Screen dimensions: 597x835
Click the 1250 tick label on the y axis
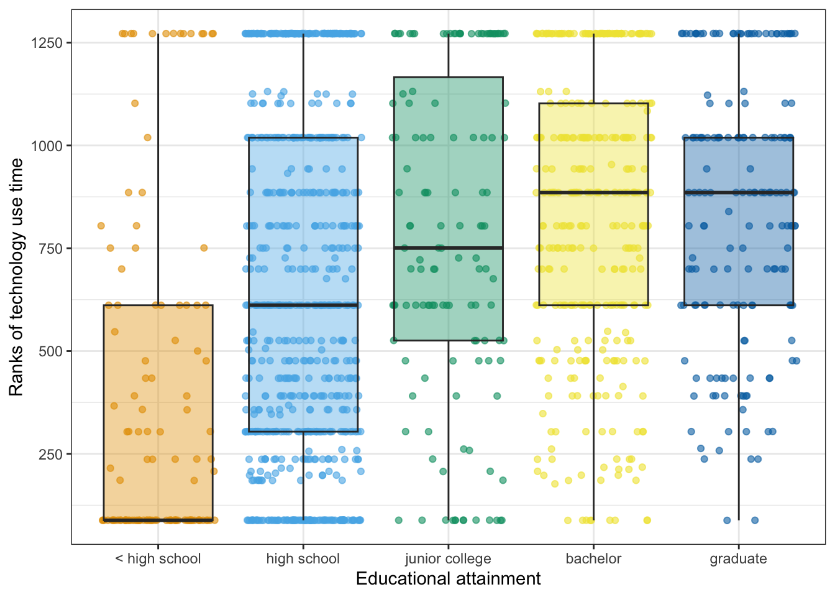(47, 43)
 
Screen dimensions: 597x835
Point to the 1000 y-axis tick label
(47, 146)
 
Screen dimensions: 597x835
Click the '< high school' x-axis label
(158, 558)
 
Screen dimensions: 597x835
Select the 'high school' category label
(303, 558)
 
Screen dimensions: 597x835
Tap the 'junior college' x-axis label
(448, 558)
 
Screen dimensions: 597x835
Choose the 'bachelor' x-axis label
(593, 558)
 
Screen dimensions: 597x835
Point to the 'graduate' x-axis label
(738, 558)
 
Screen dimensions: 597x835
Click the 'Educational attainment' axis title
(448, 579)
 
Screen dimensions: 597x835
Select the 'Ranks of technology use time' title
(16, 277)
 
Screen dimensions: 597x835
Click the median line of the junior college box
(448, 248)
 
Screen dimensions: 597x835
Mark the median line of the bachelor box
(593, 193)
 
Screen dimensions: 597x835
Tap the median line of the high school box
(303, 305)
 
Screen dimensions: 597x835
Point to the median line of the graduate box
(738, 193)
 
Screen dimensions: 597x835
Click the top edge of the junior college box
(448, 77)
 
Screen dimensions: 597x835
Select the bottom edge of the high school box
(303, 431)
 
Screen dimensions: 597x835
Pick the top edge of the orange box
(158, 305)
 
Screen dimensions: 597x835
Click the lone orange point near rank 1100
(135, 103)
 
